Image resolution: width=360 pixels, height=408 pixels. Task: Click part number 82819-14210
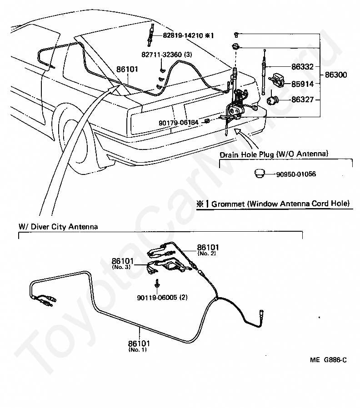[x=183, y=35]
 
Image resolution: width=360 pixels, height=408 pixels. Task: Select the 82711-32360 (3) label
[x=167, y=55]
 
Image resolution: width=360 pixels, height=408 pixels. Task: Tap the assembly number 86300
[x=336, y=75]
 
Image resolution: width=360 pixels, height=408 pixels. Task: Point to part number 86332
[x=302, y=67]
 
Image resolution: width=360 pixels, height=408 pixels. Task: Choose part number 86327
[x=302, y=100]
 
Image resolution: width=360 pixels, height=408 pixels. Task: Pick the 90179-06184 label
[x=179, y=123]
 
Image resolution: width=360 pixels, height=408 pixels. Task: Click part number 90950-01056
[x=296, y=174]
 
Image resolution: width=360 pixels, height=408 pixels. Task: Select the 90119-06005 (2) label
[x=162, y=298]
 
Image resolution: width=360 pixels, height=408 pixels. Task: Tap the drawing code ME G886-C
[x=328, y=360]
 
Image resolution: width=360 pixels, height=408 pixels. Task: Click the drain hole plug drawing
[x=259, y=173]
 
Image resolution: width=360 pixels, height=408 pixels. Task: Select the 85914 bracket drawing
[x=276, y=80]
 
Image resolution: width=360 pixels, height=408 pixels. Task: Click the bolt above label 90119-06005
[x=157, y=284]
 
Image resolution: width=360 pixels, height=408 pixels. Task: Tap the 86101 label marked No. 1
[x=139, y=346]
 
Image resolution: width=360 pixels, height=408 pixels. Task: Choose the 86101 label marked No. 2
[x=208, y=250]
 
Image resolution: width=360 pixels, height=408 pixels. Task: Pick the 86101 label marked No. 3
[x=122, y=264]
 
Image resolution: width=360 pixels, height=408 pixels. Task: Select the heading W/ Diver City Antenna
[x=58, y=227]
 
